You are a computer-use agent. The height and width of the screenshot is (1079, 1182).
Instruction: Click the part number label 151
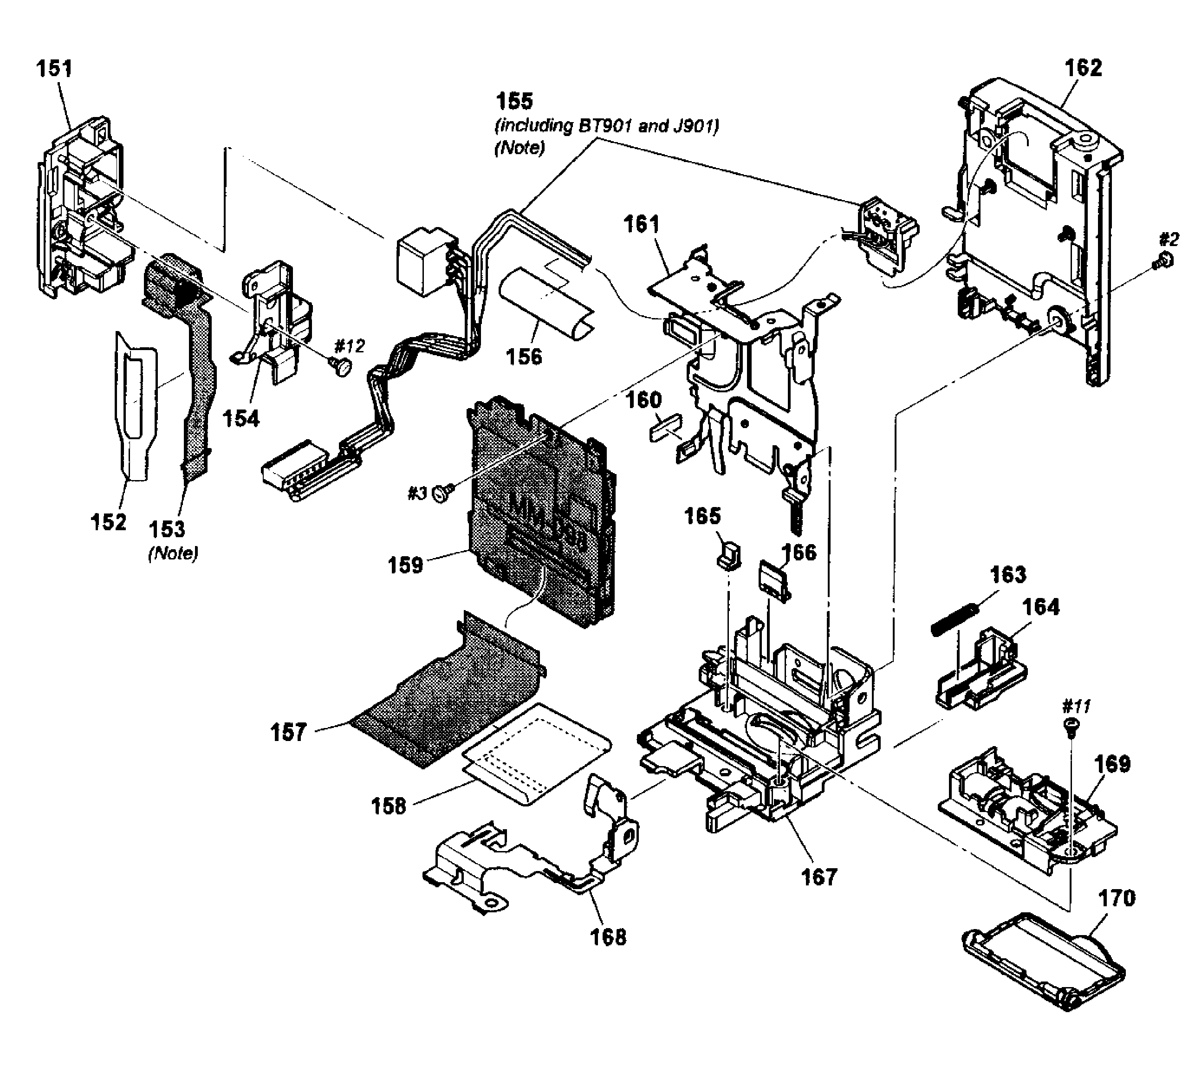pos(54,69)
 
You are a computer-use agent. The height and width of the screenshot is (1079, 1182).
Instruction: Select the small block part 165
pos(729,554)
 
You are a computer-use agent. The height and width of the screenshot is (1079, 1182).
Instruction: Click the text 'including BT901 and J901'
pos(607,126)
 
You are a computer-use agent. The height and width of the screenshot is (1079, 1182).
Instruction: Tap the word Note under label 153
pos(174,553)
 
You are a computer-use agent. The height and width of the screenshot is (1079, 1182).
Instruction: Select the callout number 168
pos(609,937)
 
